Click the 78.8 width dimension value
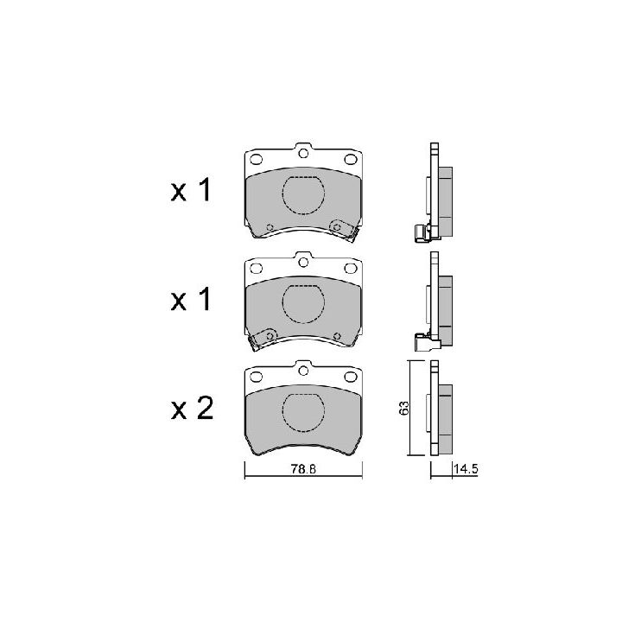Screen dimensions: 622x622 303,469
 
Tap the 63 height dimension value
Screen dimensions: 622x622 403,408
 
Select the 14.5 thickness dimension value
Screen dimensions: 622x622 466,469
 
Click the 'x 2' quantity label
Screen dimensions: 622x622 193,408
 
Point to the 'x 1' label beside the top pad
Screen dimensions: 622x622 191,190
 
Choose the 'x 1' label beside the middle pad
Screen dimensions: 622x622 191,299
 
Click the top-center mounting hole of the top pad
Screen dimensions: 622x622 303,153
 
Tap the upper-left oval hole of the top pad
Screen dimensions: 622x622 257,160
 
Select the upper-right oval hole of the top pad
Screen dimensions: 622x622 351,160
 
